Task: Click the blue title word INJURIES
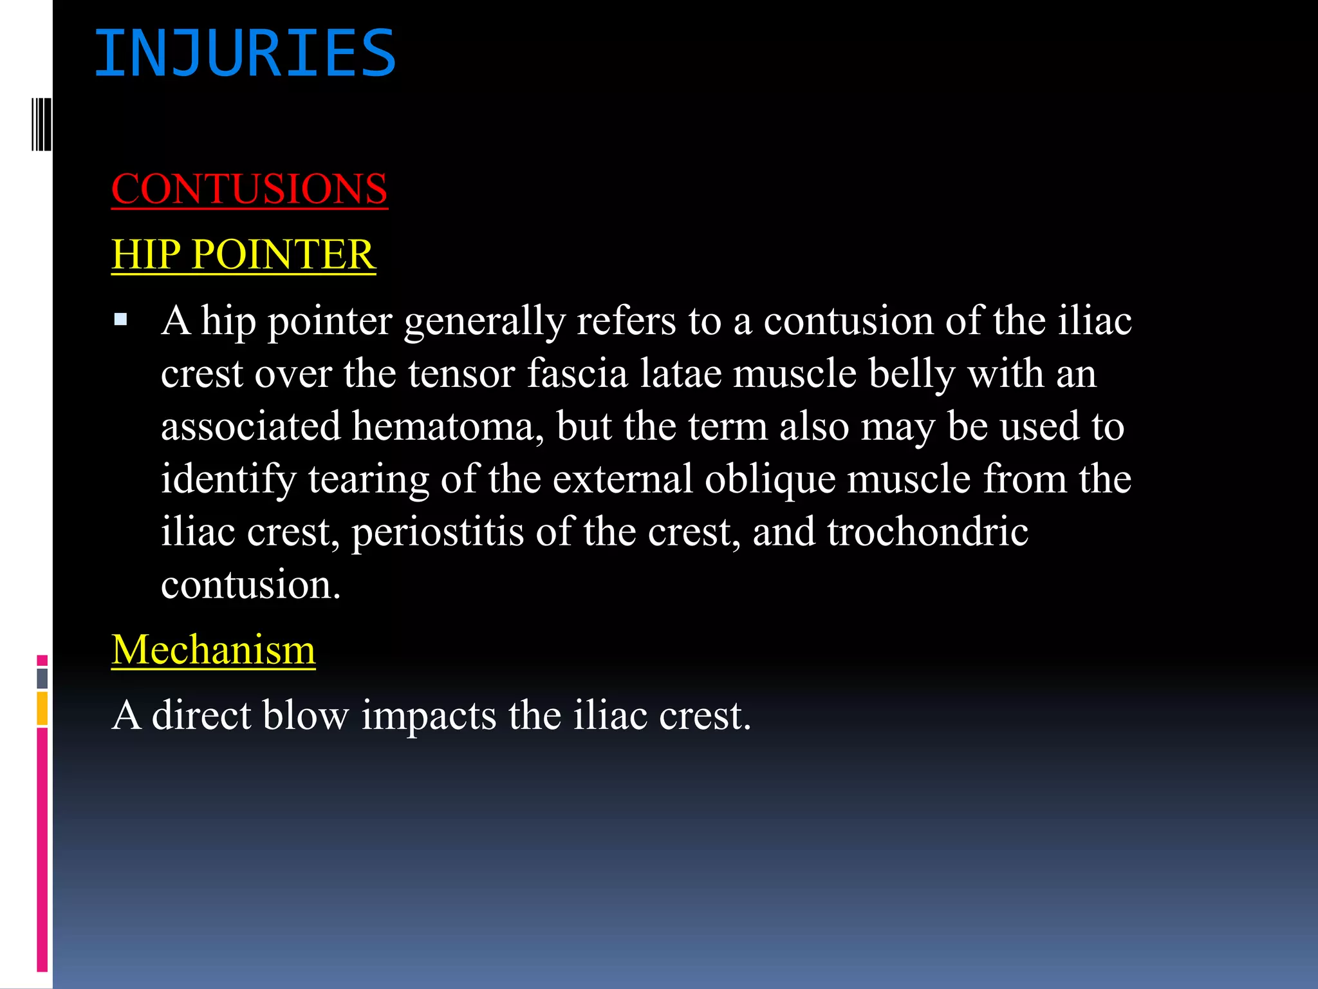245,54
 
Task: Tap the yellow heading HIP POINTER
243,254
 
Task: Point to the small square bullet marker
120,319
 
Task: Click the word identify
228,479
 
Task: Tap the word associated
250,426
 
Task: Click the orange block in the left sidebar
42,708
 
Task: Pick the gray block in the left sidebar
42,678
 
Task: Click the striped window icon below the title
41,124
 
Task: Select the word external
622,479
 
